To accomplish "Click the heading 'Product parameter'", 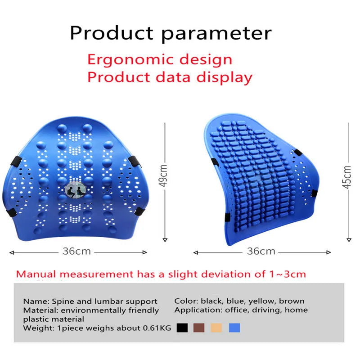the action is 171,33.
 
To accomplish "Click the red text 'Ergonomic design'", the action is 160,59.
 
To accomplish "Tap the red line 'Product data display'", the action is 170,77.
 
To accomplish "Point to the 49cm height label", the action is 163,176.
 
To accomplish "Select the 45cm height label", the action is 347,177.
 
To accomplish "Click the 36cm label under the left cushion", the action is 76,252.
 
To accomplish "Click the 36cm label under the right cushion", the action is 261,252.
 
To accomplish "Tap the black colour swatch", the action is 182,328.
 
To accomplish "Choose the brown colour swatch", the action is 199,328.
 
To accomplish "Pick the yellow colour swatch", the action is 216,328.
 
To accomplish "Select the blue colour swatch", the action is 234,328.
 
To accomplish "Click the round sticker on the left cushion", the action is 76,189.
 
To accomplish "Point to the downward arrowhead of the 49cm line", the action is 165,240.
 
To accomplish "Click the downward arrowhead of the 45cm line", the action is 349,240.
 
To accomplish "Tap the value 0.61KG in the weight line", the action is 157,328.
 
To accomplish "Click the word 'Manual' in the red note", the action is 36,274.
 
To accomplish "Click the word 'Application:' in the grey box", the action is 198,310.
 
